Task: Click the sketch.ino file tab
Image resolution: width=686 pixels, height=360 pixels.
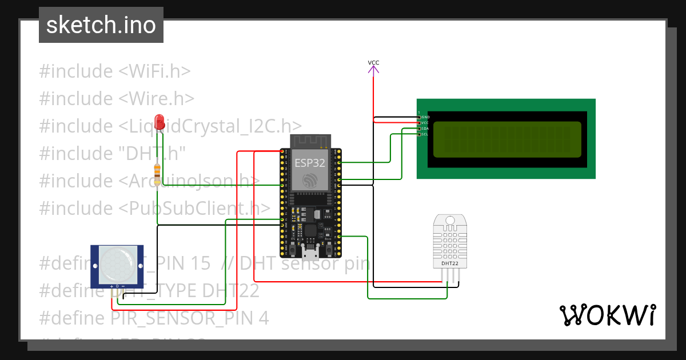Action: pos(101,25)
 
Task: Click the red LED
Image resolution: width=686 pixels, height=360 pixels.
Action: pos(159,121)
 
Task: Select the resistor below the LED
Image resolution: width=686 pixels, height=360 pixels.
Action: pos(158,171)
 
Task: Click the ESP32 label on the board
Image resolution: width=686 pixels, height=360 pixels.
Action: pos(310,162)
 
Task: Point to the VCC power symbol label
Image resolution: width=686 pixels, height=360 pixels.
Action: pos(373,63)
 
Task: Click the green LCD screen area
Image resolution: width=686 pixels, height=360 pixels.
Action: pos(507,139)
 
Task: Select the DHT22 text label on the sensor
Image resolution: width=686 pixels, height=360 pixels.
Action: pos(449,263)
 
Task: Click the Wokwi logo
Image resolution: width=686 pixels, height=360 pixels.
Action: pos(607,315)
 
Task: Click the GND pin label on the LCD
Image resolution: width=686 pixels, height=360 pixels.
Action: pos(425,117)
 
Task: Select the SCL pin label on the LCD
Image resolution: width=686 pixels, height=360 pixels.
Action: pos(425,134)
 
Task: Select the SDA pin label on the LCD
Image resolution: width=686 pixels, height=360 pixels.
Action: pos(425,129)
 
